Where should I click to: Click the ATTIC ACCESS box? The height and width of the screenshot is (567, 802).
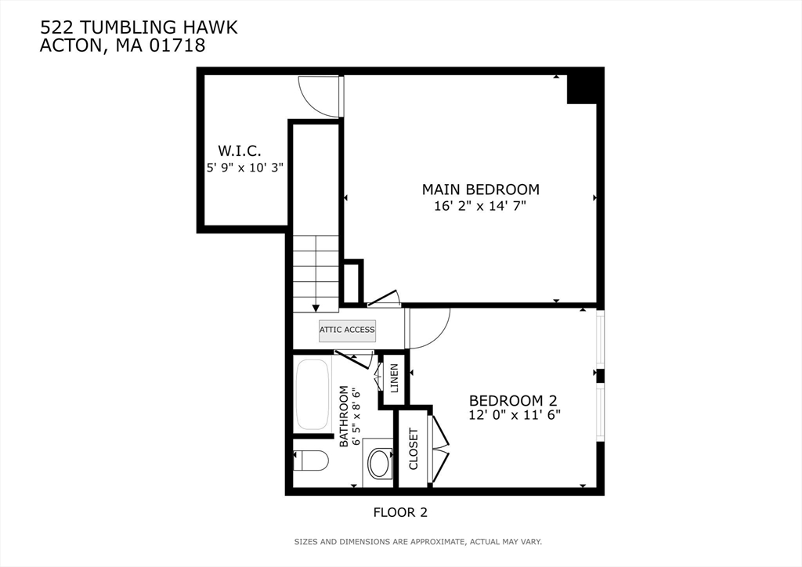(x=347, y=330)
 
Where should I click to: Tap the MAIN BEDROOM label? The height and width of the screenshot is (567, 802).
(x=480, y=190)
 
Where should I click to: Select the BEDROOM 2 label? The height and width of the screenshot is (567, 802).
(x=515, y=399)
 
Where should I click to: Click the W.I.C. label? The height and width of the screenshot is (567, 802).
(x=239, y=150)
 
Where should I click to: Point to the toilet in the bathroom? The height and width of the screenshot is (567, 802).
(x=310, y=460)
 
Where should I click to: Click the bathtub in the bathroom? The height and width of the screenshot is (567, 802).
(x=314, y=395)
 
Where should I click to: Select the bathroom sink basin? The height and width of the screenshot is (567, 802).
(x=381, y=463)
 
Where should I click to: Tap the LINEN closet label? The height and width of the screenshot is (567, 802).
(x=394, y=378)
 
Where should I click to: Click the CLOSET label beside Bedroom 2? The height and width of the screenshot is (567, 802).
(x=414, y=449)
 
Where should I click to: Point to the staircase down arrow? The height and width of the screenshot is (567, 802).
(x=316, y=308)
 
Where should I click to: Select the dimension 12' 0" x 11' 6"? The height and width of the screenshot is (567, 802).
(x=515, y=415)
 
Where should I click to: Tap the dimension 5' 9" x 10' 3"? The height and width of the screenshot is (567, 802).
(x=244, y=167)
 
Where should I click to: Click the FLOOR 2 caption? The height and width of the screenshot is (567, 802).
(x=399, y=512)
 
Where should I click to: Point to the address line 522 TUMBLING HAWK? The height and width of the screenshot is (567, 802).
(x=139, y=28)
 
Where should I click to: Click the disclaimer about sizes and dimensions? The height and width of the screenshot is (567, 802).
(x=417, y=541)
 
